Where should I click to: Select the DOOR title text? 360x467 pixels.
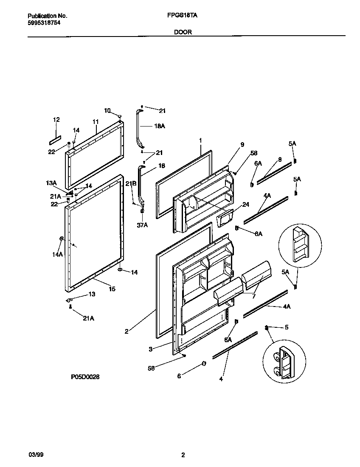pyautogui.click(x=183, y=32)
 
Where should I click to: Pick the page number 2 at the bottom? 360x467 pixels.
pyautogui.click(x=183, y=455)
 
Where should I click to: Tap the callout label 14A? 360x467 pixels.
pyautogui.click(x=57, y=254)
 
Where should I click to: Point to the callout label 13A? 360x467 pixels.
pyautogui.click(x=51, y=183)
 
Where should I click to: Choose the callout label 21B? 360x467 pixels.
pyautogui.click(x=130, y=183)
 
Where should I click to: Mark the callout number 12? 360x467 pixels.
pyautogui.click(x=56, y=120)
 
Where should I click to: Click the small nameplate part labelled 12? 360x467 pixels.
pyautogui.click(x=55, y=139)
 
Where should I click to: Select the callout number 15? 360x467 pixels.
pyautogui.click(x=112, y=289)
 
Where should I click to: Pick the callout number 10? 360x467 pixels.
pyautogui.click(x=107, y=110)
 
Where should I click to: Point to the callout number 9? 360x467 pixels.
pyautogui.click(x=242, y=145)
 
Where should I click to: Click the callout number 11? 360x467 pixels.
pyautogui.click(x=96, y=121)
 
